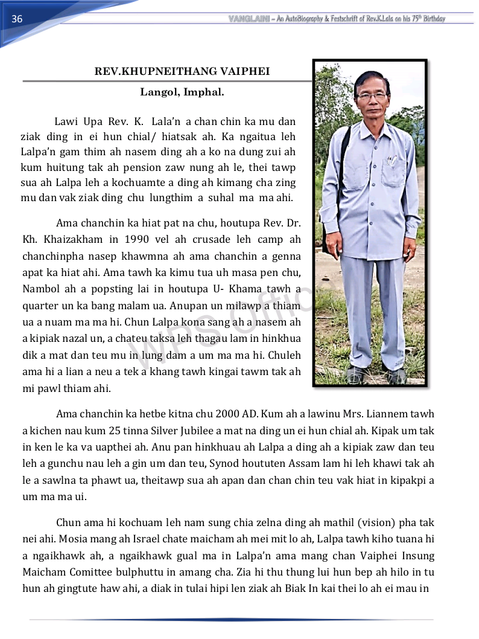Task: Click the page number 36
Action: (17, 19)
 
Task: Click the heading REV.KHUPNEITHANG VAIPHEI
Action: (182, 72)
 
